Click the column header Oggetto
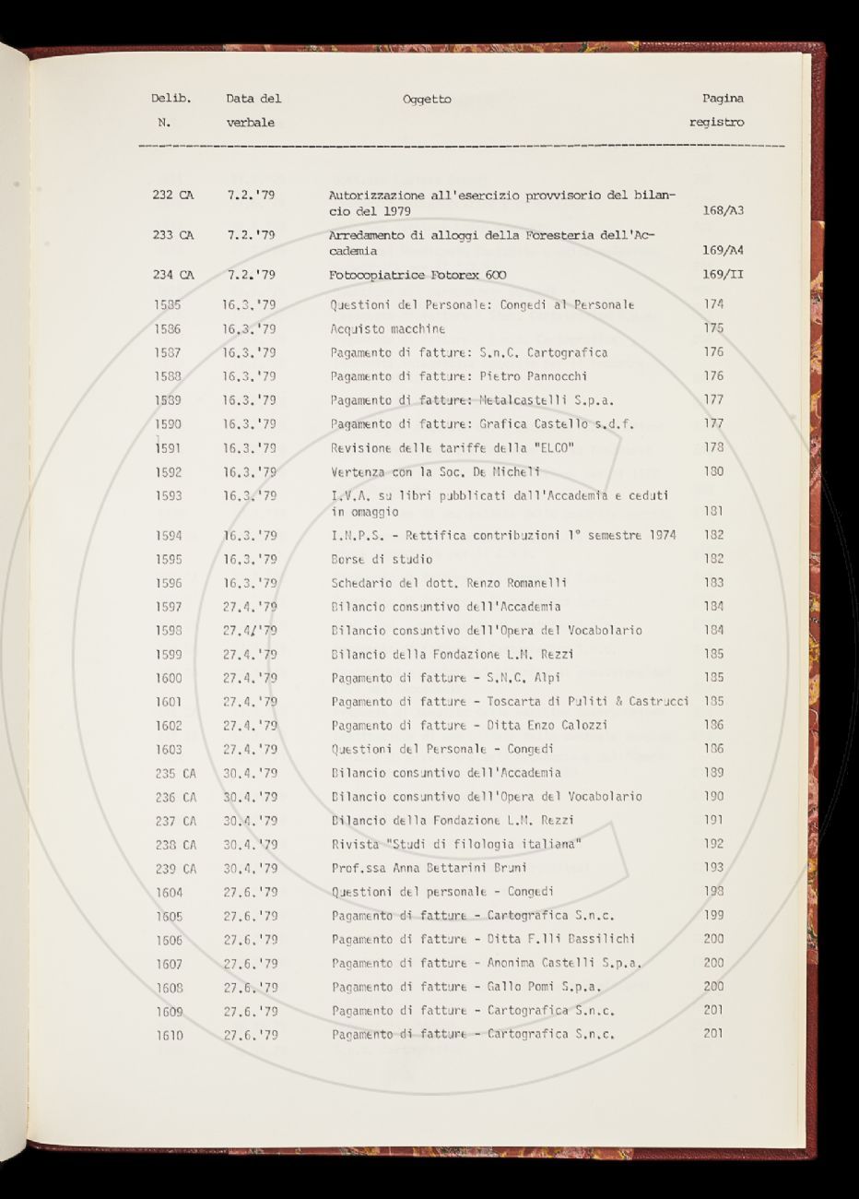point(427,100)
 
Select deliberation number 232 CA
point(173,196)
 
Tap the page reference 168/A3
point(723,210)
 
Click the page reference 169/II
point(723,275)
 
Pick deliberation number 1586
point(169,328)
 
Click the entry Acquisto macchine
point(387,328)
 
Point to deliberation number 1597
point(169,607)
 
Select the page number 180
point(712,471)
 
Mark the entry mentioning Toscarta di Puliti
point(510,702)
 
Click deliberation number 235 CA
point(175,774)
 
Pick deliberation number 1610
point(170,1035)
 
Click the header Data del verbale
point(253,110)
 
